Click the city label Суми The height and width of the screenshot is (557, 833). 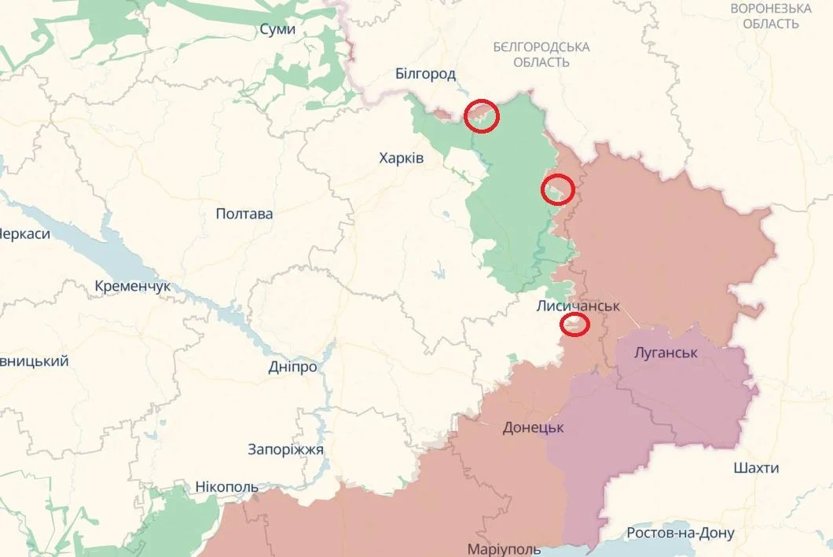[277, 29]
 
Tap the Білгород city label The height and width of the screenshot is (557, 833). [425, 74]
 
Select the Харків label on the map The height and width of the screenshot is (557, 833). [401, 158]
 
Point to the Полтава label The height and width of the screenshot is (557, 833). [244, 214]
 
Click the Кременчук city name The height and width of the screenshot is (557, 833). [132, 287]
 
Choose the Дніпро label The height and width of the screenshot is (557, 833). [292, 367]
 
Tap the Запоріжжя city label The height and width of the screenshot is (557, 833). [285, 449]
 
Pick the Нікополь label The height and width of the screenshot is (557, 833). [226, 487]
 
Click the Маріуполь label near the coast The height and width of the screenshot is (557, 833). [504, 548]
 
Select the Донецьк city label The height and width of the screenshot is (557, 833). [534, 428]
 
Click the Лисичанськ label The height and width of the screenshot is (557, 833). [578, 306]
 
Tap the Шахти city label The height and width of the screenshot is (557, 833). [756, 468]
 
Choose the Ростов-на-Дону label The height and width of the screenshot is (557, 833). [681, 533]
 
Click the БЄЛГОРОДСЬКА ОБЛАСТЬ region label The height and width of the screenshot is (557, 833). [541, 54]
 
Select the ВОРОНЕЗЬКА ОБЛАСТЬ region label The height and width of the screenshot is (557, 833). [771, 16]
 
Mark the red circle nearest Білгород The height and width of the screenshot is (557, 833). [481, 116]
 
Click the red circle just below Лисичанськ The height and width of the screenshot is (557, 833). [575, 324]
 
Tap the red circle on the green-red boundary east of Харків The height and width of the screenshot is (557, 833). [557, 189]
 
